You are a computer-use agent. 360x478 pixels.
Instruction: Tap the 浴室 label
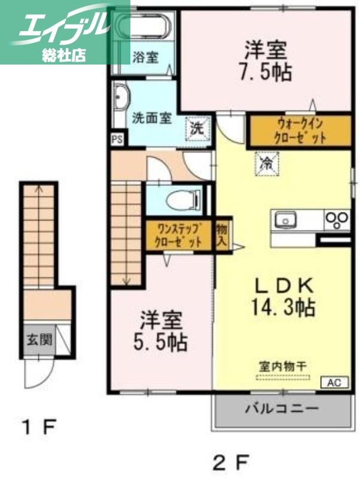click(x=145, y=58)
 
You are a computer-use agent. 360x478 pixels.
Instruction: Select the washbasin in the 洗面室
click(x=121, y=98)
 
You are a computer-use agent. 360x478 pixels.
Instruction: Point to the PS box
click(x=116, y=139)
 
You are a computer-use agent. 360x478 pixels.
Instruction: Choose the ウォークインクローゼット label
click(x=300, y=131)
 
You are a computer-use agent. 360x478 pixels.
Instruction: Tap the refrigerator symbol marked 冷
click(x=265, y=163)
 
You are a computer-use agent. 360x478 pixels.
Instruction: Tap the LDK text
click(x=281, y=283)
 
